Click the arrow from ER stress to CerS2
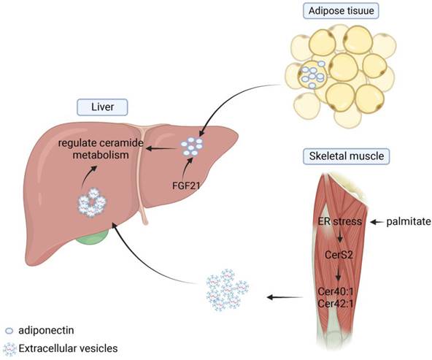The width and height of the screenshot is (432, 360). click(x=339, y=238)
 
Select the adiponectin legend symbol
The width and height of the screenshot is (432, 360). click(x=9, y=329)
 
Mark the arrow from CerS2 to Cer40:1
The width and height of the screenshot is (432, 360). click(x=339, y=273)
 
